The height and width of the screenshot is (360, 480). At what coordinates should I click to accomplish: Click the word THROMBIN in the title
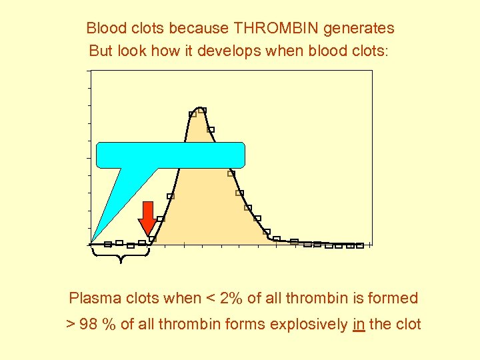(275, 29)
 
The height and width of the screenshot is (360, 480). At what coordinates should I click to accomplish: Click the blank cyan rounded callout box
(171, 155)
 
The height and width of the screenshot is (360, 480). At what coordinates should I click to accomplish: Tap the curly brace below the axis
(121, 253)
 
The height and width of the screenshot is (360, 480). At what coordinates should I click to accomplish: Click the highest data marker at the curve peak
(202, 110)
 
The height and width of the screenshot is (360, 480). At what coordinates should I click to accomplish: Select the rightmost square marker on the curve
(360, 245)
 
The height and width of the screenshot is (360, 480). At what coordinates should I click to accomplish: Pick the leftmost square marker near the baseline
(108, 244)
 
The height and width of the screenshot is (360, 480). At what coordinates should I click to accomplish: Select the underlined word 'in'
(358, 325)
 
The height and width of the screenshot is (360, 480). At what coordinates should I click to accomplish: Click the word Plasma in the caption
(91, 298)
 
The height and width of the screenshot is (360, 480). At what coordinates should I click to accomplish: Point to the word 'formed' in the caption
(395, 298)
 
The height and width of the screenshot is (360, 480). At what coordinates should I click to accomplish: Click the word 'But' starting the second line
(100, 51)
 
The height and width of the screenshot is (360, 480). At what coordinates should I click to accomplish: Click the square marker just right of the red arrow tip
(153, 239)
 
